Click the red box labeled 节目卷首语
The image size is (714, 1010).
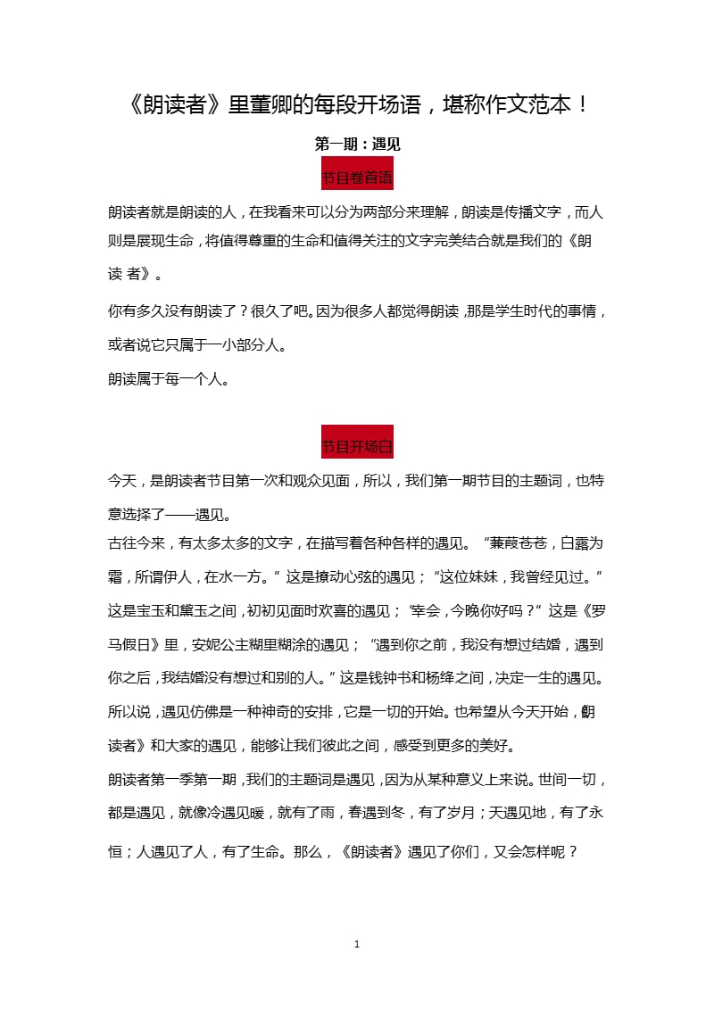tap(357, 177)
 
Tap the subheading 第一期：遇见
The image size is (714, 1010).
tap(357, 143)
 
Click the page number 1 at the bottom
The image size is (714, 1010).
tap(357, 944)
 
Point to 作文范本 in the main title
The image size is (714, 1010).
tap(514, 105)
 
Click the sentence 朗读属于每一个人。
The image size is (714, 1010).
tap(170, 379)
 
